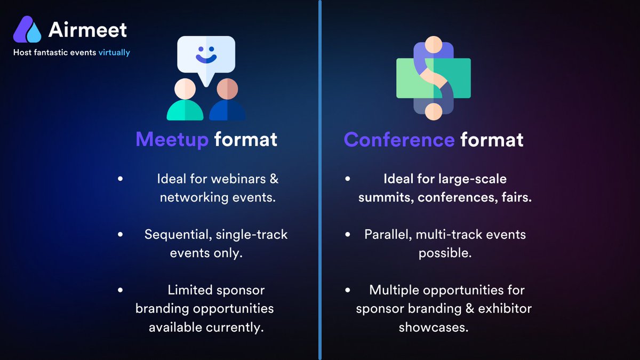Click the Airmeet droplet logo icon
coord(27,29)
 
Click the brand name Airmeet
coord(87,30)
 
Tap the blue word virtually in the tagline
coord(114,53)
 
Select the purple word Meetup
coord(172,140)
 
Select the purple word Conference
coord(399,140)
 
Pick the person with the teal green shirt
coord(185,100)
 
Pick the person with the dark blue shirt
coord(227,100)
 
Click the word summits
coord(385,197)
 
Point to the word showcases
coord(434,327)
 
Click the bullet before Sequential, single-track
coord(120,235)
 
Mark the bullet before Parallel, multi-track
coord(348,235)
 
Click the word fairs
coord(517,197)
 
